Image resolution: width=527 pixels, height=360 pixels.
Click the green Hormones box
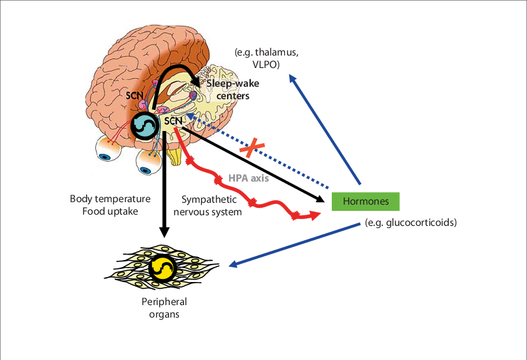(x=365, y=202)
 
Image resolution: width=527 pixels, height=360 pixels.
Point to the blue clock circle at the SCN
(x=145, y=125)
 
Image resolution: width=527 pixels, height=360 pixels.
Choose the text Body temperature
(x=110, y=200)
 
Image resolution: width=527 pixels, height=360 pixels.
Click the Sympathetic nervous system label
(x=209, y=205)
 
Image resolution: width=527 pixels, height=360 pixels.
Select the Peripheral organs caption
(x=164, y=308)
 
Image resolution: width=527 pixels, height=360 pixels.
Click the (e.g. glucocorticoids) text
(x=411, y=223)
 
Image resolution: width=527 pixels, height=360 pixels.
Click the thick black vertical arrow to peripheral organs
(x=164, y=187)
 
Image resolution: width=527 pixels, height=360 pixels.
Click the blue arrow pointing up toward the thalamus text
(x=325, y=129)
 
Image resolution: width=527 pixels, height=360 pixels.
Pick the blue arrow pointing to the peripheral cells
(x=293, y=244)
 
